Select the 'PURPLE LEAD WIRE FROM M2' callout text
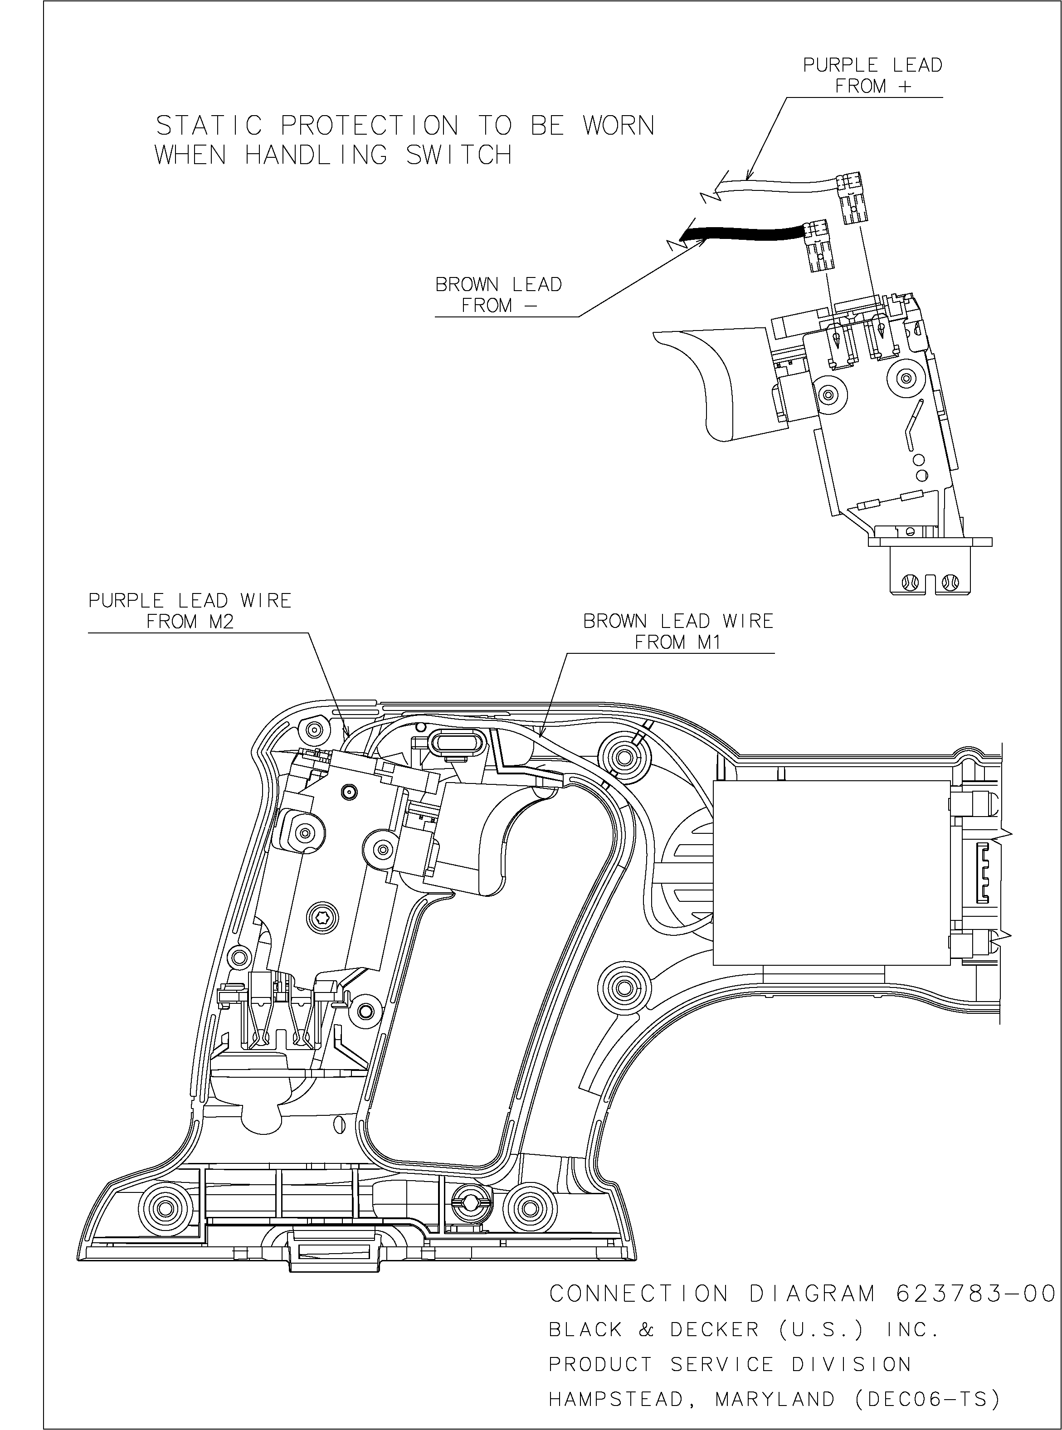[190, 611]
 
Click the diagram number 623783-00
[974, 1293]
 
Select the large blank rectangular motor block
[831, 872]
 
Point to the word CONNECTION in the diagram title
[639, 1293]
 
